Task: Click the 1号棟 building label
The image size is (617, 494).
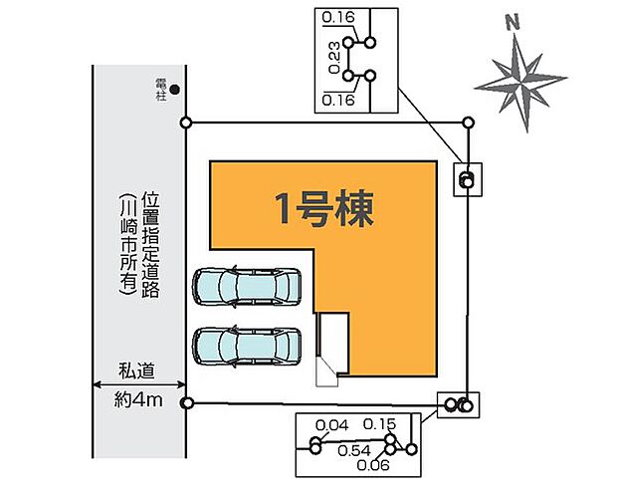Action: coord(323,208)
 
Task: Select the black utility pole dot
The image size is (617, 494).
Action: coord(175,90)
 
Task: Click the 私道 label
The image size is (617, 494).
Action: coord(139,371)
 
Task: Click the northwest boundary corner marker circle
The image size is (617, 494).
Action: coord(186,123)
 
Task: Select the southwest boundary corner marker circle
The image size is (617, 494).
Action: coord(186,402)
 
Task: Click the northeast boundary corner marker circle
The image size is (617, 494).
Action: coord(469,122)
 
